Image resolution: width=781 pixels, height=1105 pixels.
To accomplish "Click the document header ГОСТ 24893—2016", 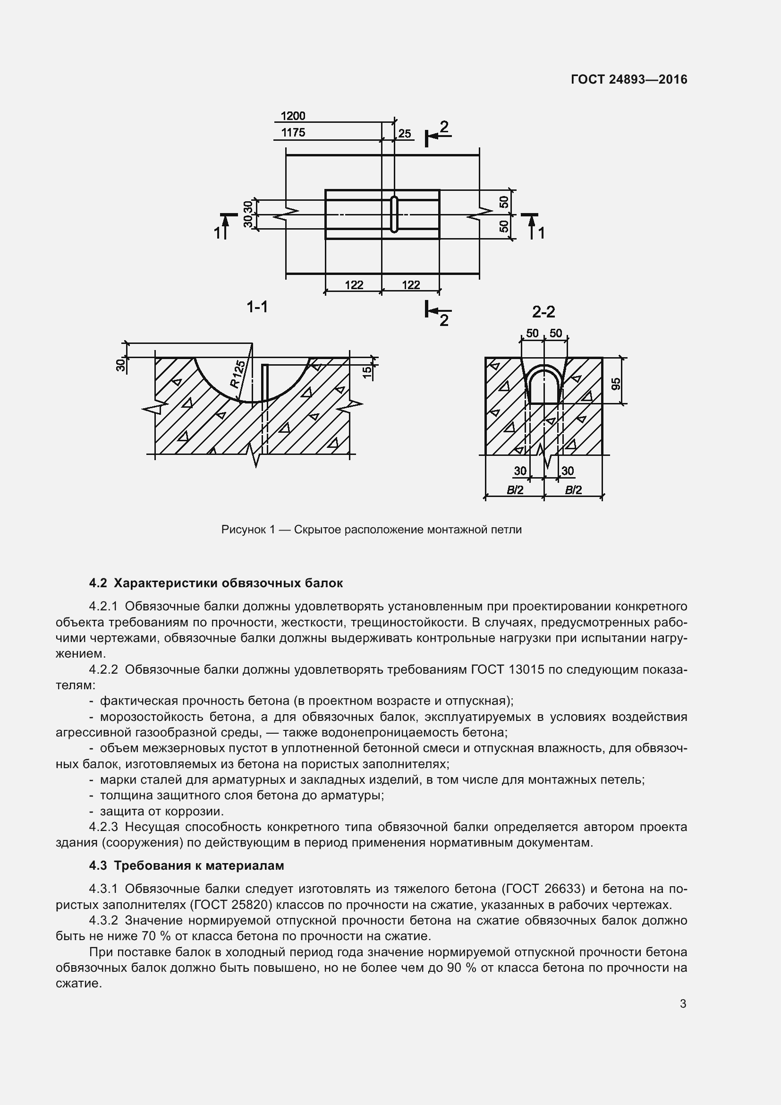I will pos(629,79).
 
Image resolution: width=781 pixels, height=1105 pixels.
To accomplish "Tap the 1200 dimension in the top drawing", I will pos(293,116).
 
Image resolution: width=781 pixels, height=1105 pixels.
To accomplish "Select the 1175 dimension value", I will pos(293,132).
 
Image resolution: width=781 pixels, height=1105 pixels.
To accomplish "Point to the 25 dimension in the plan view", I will pos(405,134).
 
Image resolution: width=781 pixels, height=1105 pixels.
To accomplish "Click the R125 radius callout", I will pos(237,374).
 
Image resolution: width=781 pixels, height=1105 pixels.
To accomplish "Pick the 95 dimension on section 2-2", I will pos(616,384).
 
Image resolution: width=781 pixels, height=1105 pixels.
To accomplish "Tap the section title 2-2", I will pos(543,312).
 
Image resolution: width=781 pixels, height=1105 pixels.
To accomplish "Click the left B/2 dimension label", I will pos(515,490).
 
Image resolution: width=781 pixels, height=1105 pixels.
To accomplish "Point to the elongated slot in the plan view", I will pos(394,214).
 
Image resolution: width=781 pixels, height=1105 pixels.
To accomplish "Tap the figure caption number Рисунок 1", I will pos(248,530).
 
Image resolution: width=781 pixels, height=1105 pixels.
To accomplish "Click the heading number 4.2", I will pos(98,583).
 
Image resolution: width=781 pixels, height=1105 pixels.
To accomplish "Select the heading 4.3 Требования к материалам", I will pos(186,866).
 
